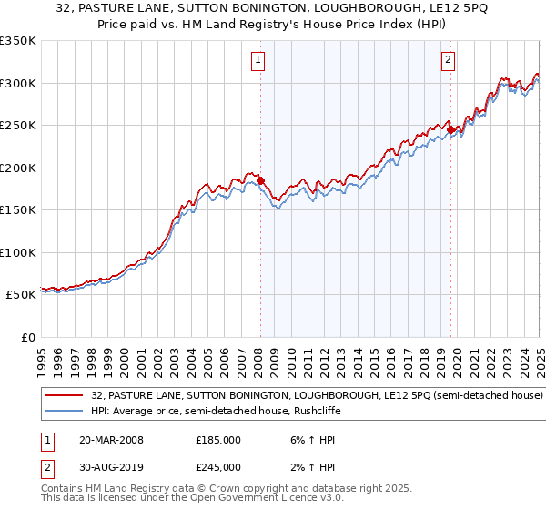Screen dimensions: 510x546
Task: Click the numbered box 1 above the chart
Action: pos(258,61)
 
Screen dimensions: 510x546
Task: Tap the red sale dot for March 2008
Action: pos(260,180)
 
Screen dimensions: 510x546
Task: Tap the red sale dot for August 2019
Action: pos(450,130)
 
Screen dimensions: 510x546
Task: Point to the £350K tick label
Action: pos(18,41)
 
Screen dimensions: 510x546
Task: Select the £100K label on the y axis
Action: pos(18,252)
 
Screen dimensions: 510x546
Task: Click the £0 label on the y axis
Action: pos(27,337)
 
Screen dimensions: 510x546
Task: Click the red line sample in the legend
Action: pos(66,396)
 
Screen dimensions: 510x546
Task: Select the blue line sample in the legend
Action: pos(66,413)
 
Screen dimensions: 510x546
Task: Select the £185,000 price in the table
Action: pos(217,439)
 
